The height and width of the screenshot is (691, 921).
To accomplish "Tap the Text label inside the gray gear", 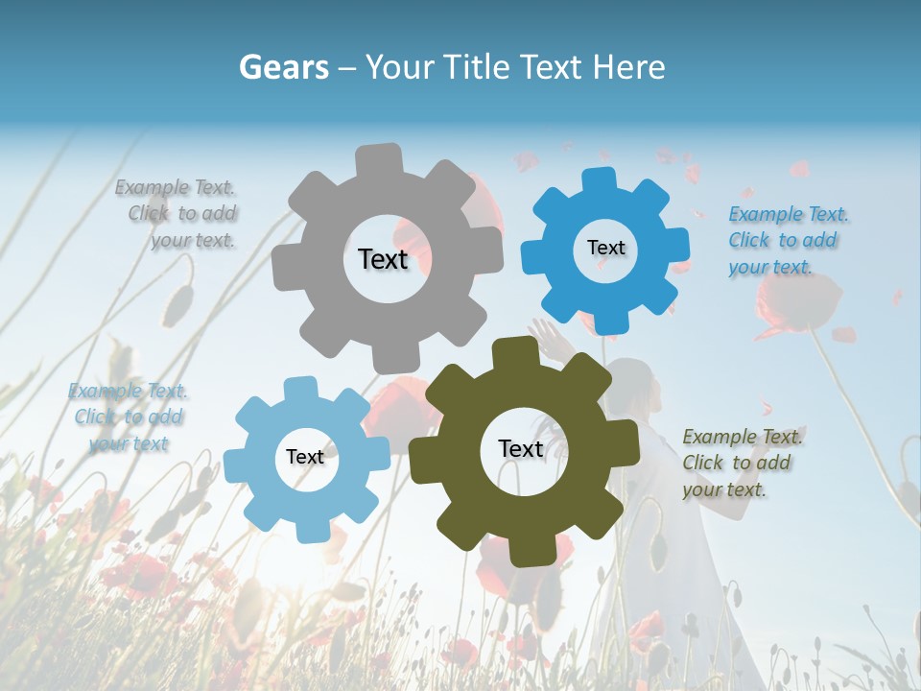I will click(x=383, y=259).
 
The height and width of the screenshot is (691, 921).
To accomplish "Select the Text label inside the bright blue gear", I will click(x=605, y=248).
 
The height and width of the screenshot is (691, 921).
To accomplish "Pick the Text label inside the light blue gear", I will click(x=305, y=457).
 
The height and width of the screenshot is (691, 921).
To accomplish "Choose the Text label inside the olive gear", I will click(x=521, y=448).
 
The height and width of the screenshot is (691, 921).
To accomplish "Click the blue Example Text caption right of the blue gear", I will click(x=787, y=240).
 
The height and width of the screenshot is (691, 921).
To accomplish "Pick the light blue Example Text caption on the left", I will click(x=128, y=417).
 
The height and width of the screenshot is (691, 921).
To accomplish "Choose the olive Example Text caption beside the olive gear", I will click(x=741, y=463).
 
